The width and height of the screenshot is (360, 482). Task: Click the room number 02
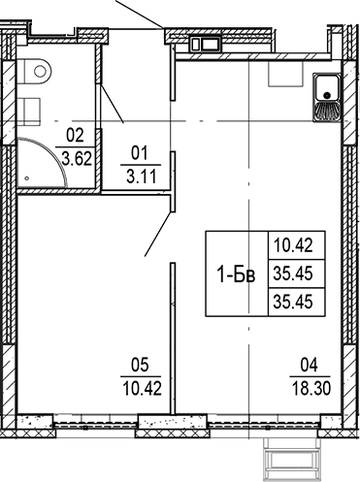click(x=72, y=137)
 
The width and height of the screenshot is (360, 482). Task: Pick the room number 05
click(x=142, y=366)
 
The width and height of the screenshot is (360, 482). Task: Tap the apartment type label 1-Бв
click(x=236, y=275)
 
